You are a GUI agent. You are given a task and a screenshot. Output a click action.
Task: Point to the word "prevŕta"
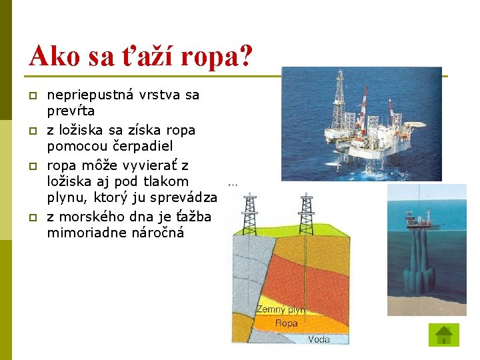[x=71, y=110]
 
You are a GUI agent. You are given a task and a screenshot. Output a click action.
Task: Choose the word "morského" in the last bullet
[x=89, y=217]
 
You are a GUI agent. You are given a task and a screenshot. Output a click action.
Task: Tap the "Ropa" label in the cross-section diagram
[x=287, y=323]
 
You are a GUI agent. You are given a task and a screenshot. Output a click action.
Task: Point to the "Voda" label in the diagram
[x=319, y=339]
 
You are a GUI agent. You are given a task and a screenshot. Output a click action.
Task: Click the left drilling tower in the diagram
[x=249, y=213]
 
